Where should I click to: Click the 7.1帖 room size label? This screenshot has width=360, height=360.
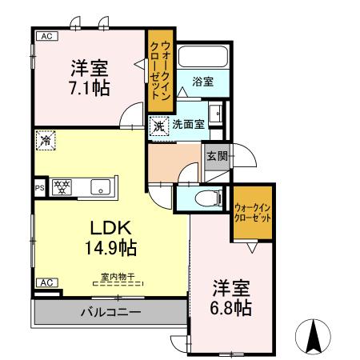click(89, 86)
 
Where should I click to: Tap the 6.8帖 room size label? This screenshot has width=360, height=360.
click(232, 307)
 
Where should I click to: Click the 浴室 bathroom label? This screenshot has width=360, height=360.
click(203, 81)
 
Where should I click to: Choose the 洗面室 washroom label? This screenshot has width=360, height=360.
click(189, 124)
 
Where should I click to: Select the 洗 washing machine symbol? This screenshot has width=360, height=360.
click(159, 125)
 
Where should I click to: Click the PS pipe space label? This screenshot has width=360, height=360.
click(38, 189)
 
